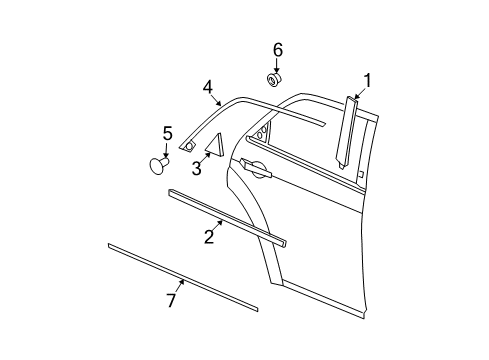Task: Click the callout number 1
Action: [367, 80]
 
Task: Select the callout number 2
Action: [209, 236]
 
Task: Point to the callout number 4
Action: [207, 88]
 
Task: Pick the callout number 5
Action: [167, 132]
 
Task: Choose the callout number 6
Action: [278, 49]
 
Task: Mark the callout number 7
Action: [172, 299]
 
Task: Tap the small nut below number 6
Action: [273, 78]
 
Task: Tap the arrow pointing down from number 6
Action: [275, 65]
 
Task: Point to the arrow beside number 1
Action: [360, 90]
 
